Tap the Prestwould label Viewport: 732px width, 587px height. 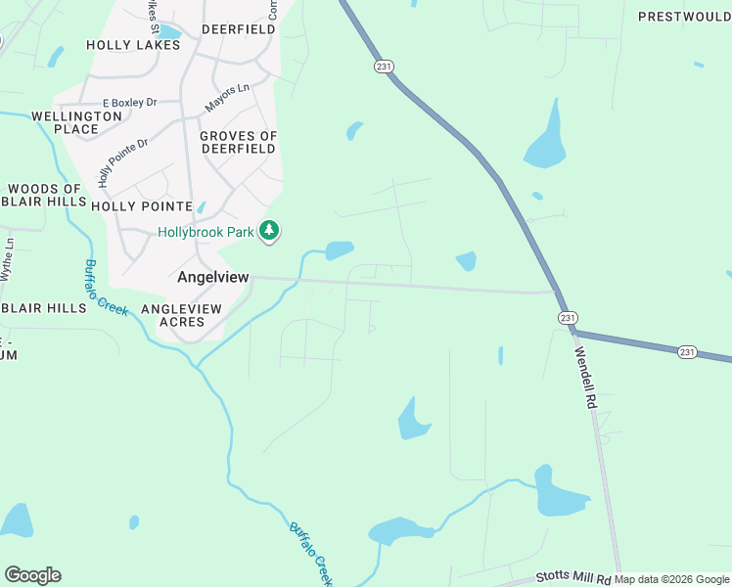coord(685,17)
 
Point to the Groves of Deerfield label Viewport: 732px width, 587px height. coord(239,143)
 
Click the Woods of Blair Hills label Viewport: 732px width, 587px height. coord(45,196)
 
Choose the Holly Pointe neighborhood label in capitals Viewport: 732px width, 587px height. coord(141,206)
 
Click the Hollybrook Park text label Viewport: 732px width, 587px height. coord(206,232)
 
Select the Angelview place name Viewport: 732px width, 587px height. coord(213,278)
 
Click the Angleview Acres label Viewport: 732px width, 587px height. coord(183,315)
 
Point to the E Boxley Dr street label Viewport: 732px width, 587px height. coord(130,103)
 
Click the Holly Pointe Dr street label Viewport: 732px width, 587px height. coord(121,162)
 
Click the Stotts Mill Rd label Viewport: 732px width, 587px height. coord(574,578)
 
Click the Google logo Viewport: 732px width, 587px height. coord(32,575)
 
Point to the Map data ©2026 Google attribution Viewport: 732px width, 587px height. coord(672,580)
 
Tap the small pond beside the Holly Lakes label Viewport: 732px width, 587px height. coord(169,32)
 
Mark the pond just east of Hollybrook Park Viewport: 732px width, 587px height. coord(340,249)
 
